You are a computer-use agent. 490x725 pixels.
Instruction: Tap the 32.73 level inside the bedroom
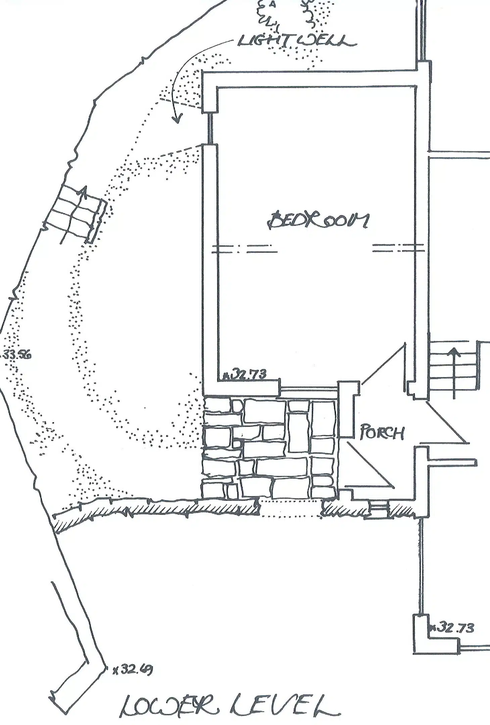tap(245, 374)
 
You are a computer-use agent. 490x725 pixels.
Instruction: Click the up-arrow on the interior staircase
tap(454, 373)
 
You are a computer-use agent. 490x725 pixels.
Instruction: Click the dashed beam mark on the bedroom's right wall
tap(398, 248)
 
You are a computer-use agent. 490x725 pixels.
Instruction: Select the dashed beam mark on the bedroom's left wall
tap(245, 248)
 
